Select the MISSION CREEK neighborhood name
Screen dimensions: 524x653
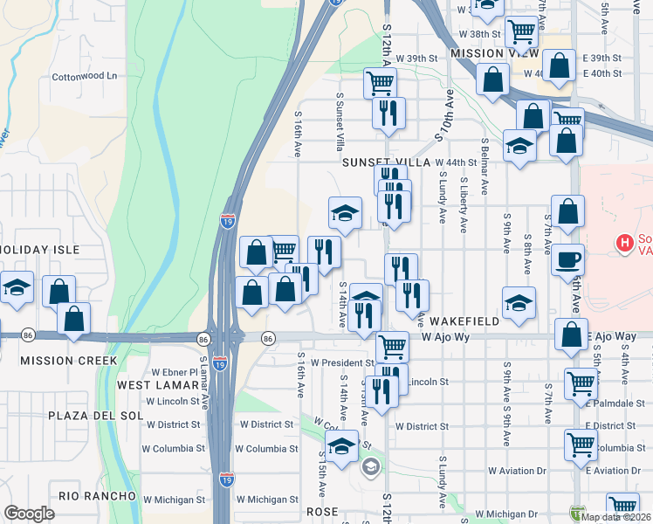point(68,360)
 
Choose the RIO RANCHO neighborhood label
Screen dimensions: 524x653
point(97,496)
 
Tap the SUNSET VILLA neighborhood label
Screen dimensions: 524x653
point(387,162)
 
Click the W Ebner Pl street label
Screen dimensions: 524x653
point(175,372)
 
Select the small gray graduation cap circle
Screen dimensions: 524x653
point(370,467)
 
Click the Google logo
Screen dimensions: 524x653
point(29,514)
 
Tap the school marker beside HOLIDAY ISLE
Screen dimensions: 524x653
point(16,288)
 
